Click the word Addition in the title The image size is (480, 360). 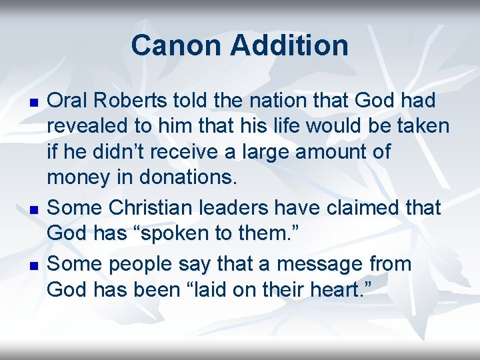click(289, 45)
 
